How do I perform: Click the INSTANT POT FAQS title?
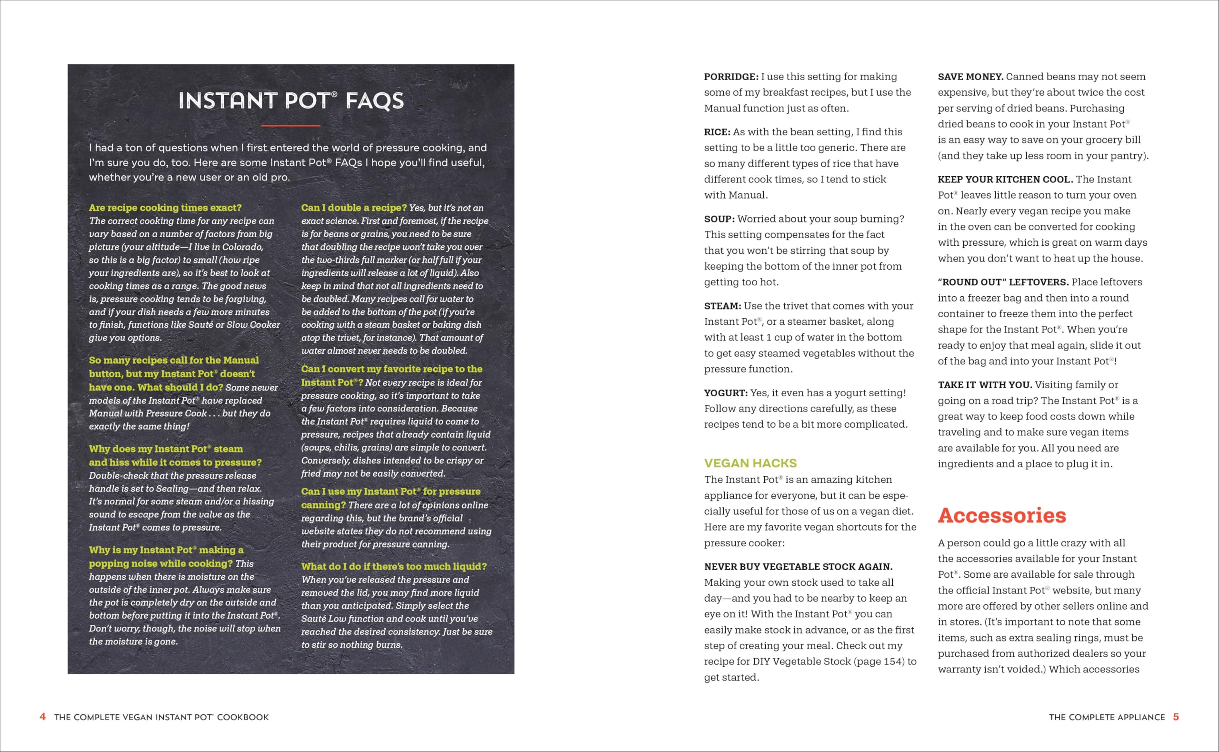pos(291,100)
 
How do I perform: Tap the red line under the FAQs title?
pos(291,125)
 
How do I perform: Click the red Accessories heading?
pos(1002,515)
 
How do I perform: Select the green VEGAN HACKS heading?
pos(750,463)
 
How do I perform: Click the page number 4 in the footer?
pos(43,717)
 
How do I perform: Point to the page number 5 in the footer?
pos(1176,717)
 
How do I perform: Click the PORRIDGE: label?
pos(731,77)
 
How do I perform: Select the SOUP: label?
pos(719,219)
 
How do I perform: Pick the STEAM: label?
pos(722,306)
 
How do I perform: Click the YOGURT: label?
pos(725,393)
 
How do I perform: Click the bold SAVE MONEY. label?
pos(970,77)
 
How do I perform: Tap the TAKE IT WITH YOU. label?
pos(985,384)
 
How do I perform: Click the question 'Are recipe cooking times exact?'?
pos(165,207)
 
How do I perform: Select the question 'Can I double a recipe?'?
pos(353,207)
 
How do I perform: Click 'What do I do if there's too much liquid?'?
pos(394,566)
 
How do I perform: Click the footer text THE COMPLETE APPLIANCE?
pos(1107,717)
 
